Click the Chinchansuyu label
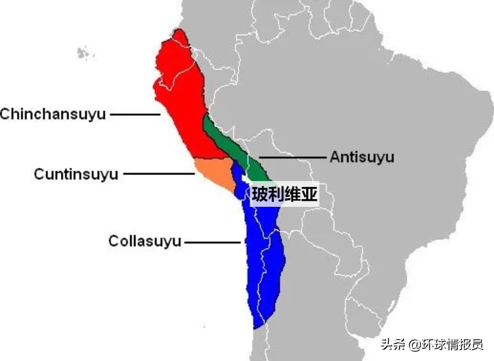(53, 115)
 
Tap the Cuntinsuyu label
(76, 174)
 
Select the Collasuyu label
(144, 241)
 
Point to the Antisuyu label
(362, 157)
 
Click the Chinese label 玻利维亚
(285, 194)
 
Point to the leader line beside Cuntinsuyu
(159, 174)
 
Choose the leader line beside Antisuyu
(293, 157)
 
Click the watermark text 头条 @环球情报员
(433, 345)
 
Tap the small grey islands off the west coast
(83, 53)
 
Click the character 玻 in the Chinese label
(260, 194)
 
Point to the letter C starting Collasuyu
(113, 241)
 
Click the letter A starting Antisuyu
(335, 157)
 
